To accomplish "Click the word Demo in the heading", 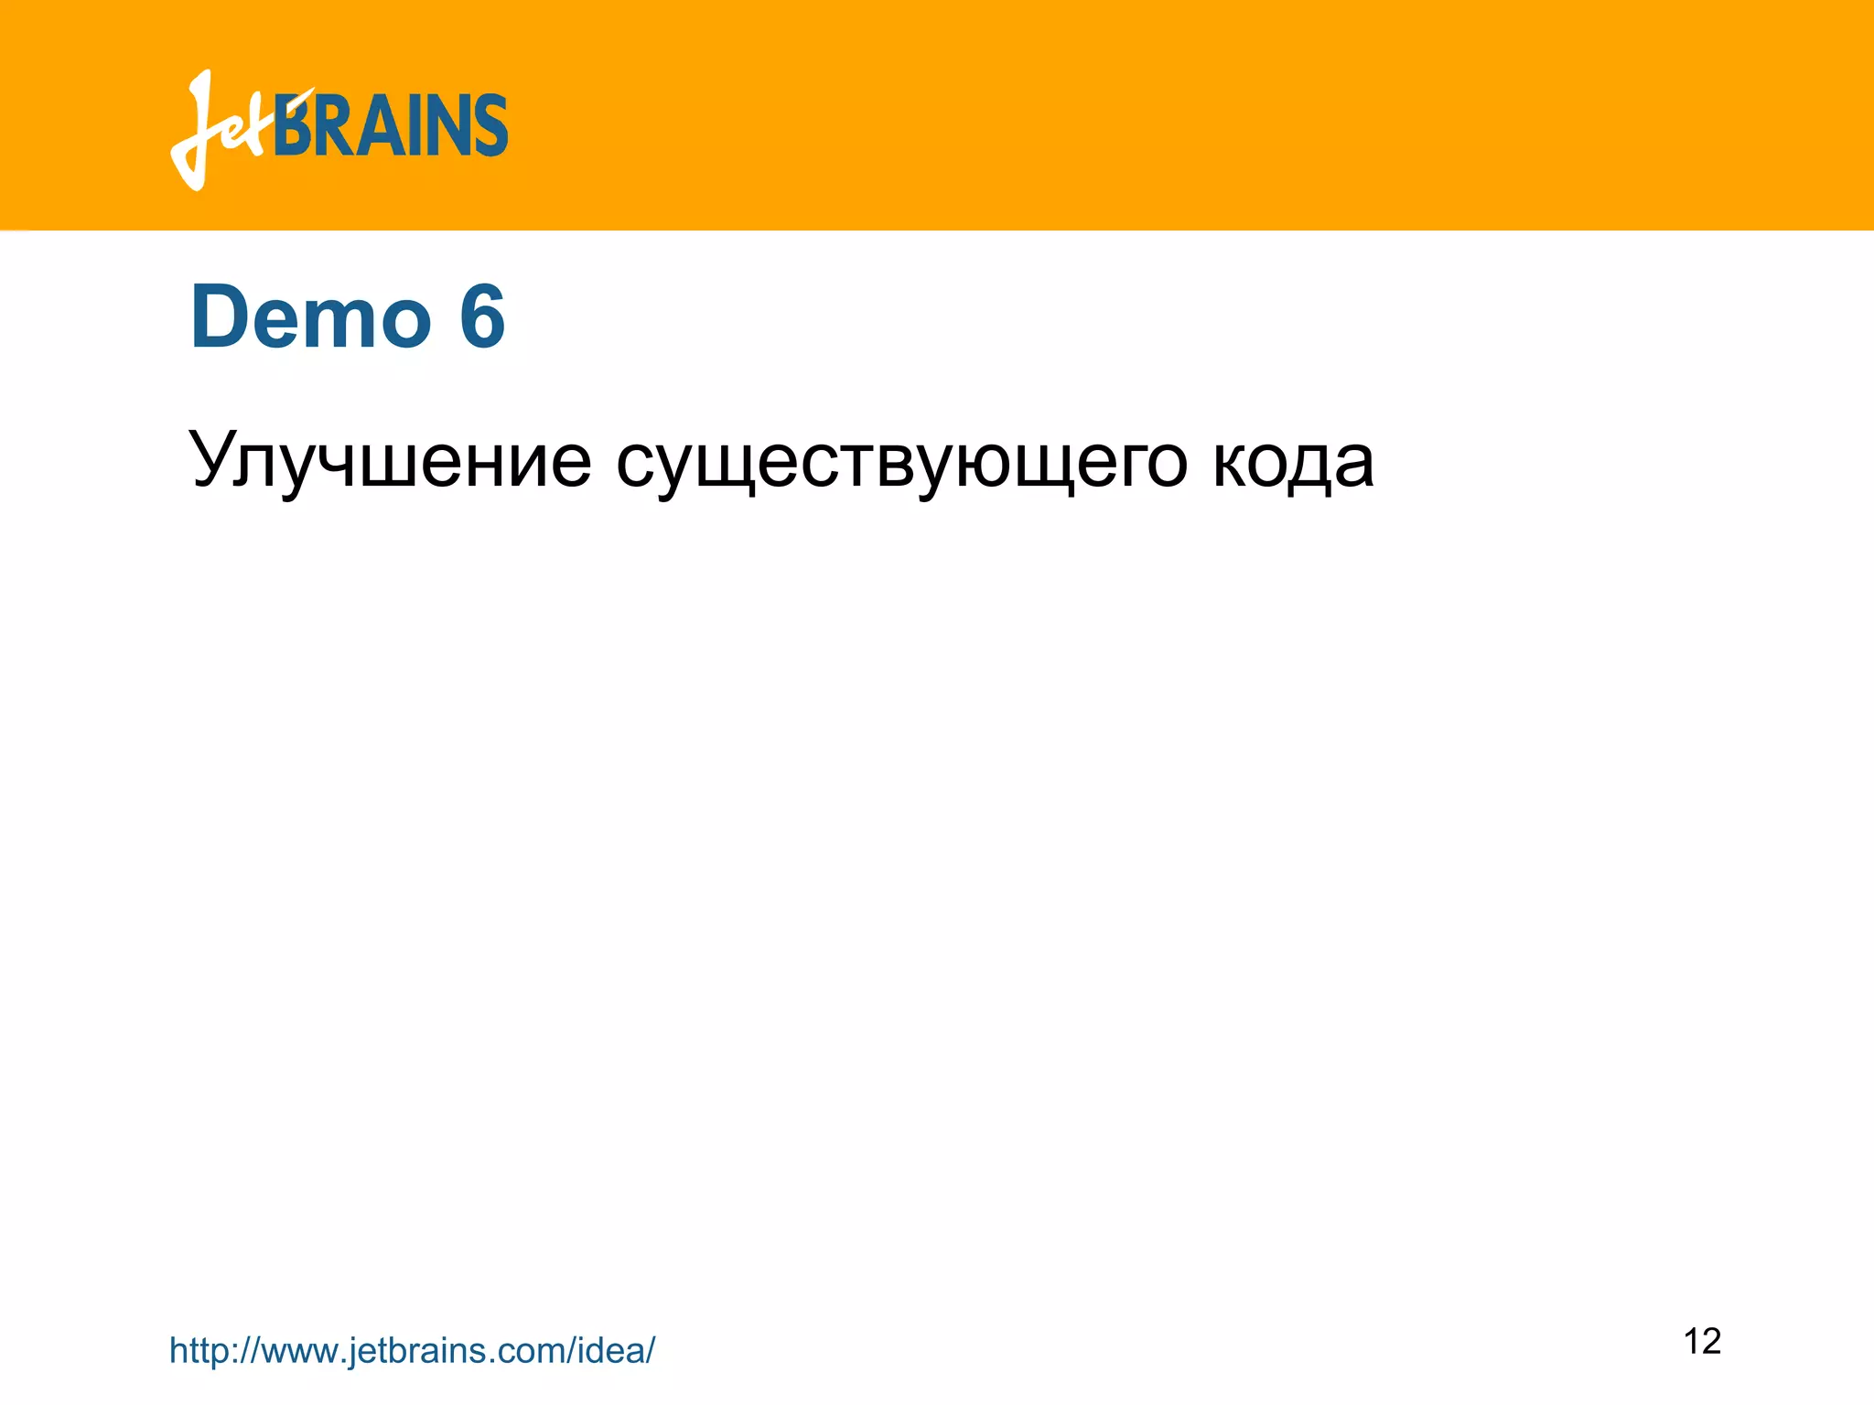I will click(310, 316).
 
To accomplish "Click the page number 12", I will click(1702, 1341).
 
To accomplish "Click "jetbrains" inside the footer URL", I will click(413, 1350).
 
